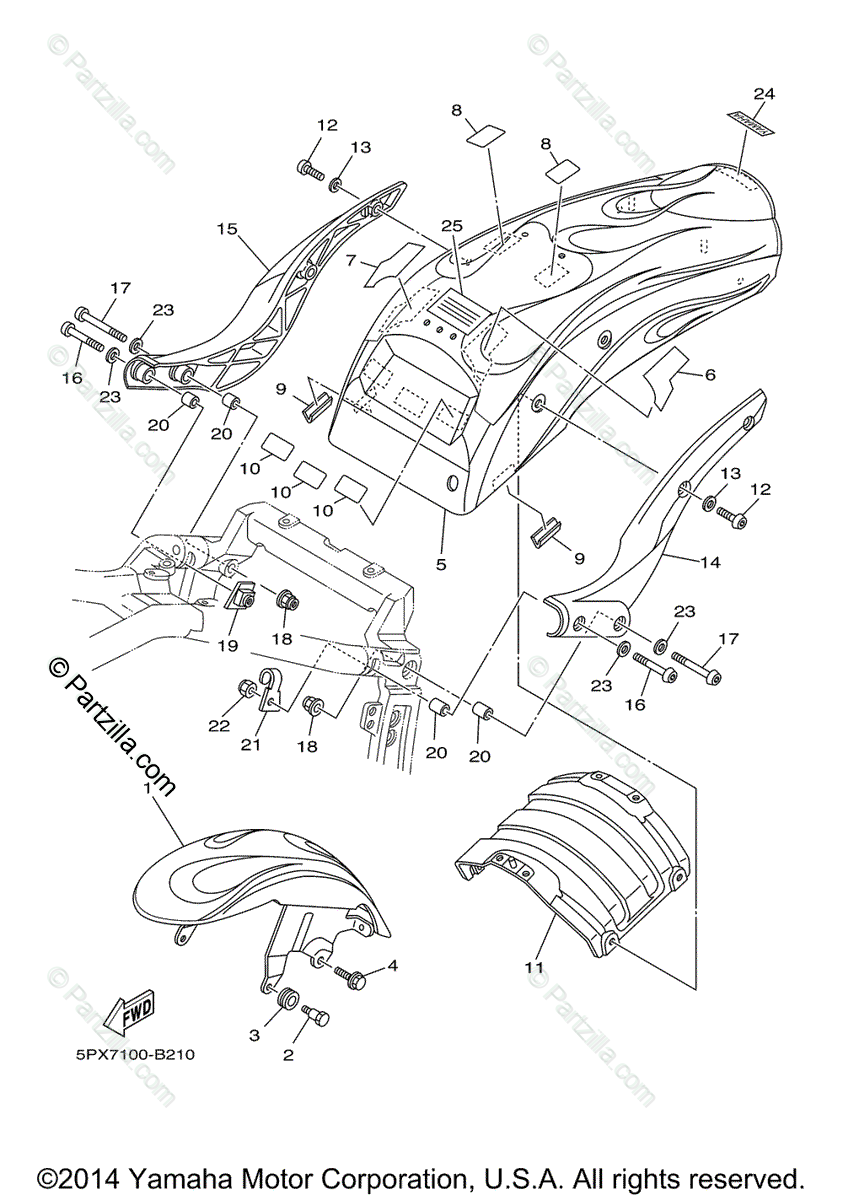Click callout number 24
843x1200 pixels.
coord(764,94)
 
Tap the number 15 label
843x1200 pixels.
coord(226,229)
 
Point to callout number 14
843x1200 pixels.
coord(710,563)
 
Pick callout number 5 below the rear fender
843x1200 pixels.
coord(441,564)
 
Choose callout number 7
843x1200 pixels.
coord(351,260)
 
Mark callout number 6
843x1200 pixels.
coord(710,375)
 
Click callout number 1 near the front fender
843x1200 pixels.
coord(146,789)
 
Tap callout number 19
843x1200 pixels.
coord(227,646)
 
